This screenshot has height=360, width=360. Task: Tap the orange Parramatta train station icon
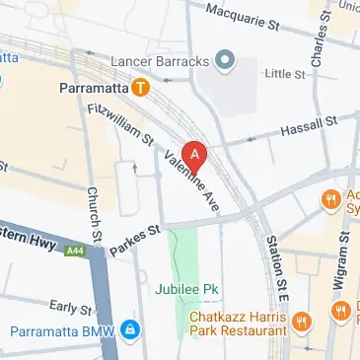tap(143, 88)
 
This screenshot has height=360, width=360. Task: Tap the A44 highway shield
tap(75, 252)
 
